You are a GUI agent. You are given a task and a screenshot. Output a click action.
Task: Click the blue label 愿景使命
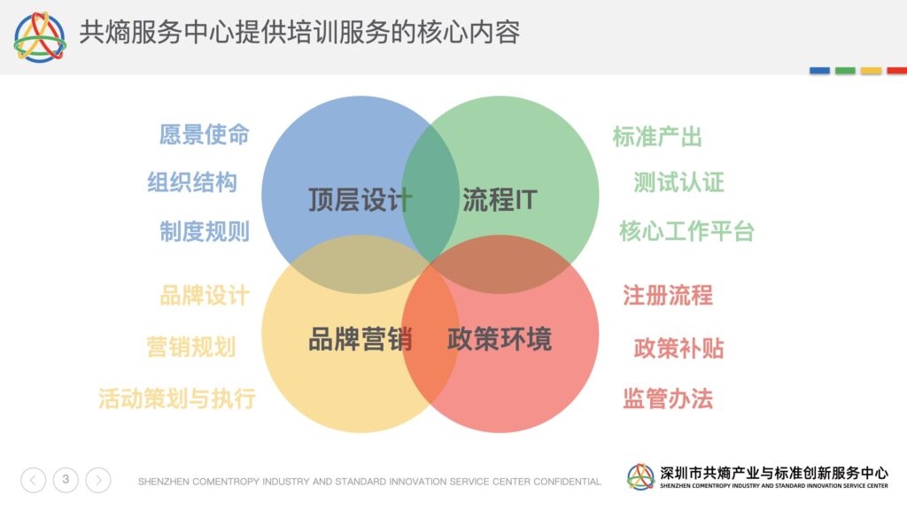205,135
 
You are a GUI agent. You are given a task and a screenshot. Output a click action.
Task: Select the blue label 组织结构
192,182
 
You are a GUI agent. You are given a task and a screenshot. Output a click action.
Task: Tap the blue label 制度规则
205,231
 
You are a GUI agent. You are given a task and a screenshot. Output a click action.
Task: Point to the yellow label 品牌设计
205,296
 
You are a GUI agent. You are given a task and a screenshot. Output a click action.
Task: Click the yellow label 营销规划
191,347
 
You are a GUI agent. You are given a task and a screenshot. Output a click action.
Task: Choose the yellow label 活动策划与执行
177,398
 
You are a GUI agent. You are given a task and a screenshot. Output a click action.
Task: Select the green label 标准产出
657,137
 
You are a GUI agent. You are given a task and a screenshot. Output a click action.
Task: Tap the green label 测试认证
679,182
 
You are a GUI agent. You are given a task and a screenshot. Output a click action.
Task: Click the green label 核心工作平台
686,231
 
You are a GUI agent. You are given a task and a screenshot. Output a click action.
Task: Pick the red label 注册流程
668,296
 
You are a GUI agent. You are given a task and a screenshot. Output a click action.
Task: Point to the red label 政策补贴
679,348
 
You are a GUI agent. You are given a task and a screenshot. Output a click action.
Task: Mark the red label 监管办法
668,398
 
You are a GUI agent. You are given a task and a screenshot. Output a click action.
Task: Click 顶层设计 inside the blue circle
360,200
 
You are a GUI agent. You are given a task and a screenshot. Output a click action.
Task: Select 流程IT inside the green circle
500,200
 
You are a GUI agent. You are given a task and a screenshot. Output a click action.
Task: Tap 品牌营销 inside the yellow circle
360,339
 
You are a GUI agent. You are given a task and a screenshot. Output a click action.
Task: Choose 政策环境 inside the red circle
500,339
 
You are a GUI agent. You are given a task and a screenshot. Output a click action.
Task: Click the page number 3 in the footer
66,479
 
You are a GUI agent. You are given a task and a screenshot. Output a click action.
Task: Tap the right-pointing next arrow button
98,480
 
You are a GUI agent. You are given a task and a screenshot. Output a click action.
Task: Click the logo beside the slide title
40,37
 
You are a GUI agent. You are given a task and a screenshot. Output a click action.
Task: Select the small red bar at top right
896,71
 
